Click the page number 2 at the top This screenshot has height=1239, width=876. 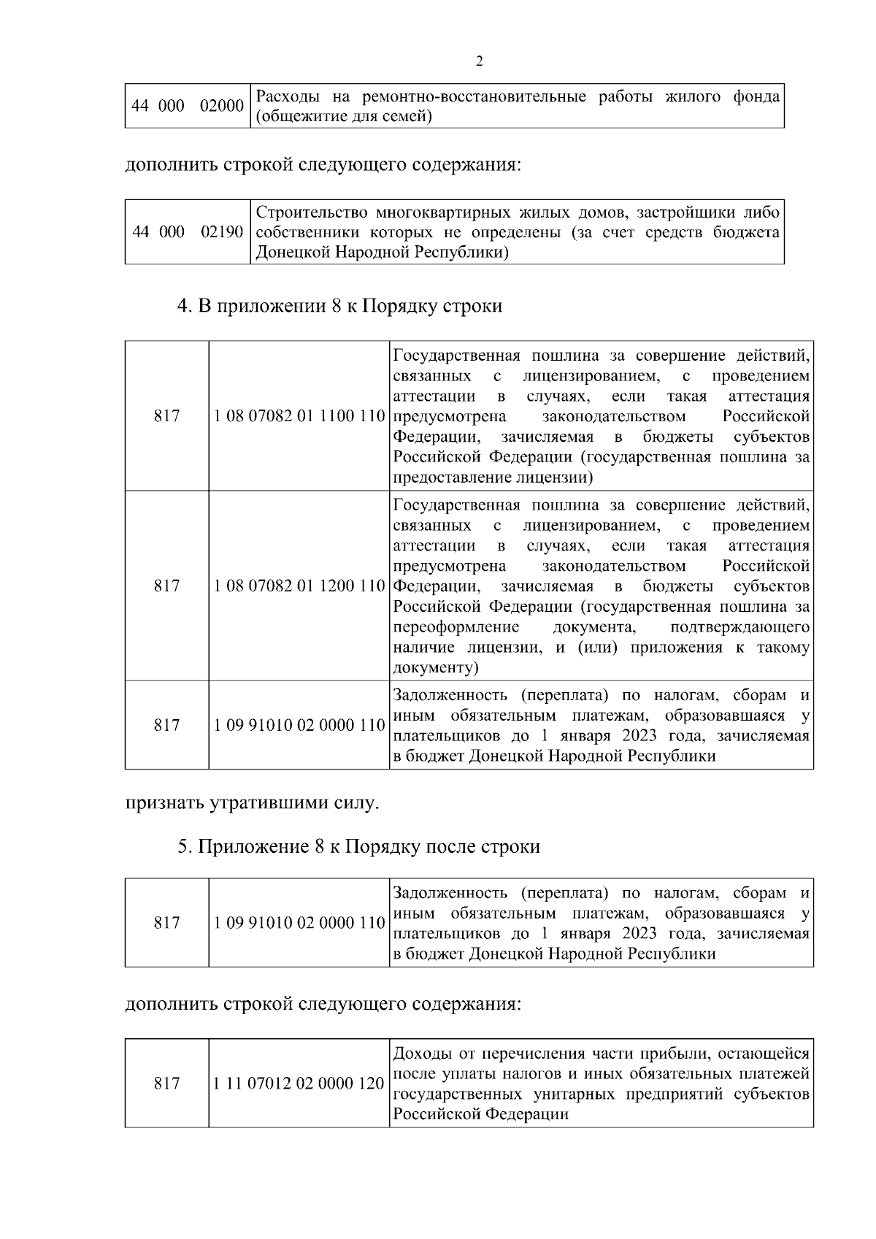pyautogui.click(x=479, y=61)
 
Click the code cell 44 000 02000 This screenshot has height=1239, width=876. pyautogui.click(x=188, y=107)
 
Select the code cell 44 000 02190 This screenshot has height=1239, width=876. pyautogui.click(x=188, y=232)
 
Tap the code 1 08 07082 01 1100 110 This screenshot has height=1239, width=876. pyautogui.click(x=299, y=417)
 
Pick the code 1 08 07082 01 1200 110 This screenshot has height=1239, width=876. pyautogui.click(x=299, y=586)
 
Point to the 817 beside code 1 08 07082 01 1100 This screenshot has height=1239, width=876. pyautogui.click(x=166, y=417)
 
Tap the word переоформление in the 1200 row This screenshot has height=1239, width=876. pyautogui.click(x=456, y=627)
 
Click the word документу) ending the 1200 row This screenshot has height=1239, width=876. pyautogui.click(x=436, y=668)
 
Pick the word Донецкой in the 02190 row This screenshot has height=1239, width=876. pyautogui.click(x=288, y=253)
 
